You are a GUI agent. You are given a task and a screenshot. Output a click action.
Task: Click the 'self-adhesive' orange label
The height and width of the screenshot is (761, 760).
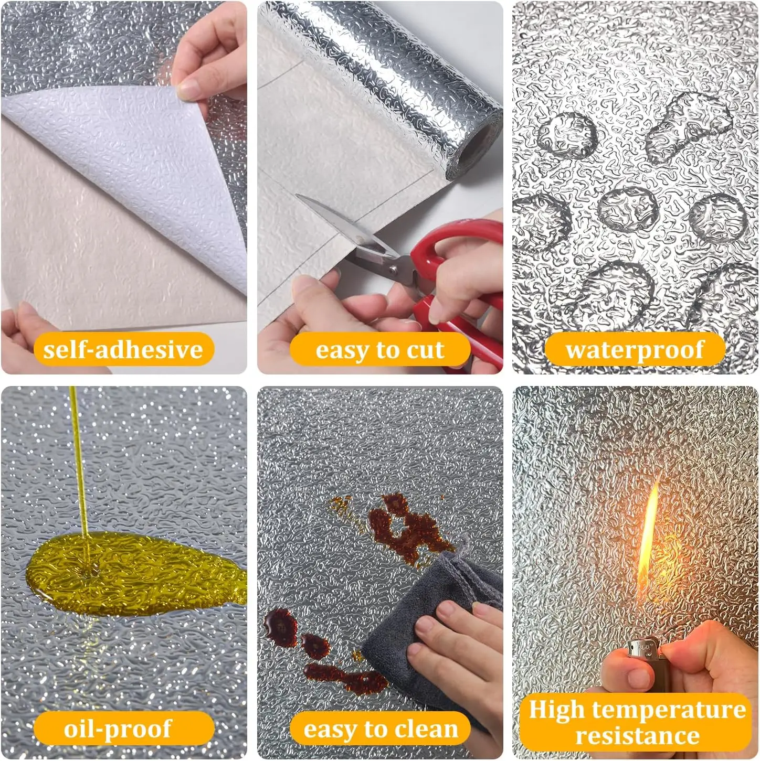[124, 349]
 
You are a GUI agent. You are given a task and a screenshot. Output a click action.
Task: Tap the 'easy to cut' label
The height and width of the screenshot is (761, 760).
[380, 349]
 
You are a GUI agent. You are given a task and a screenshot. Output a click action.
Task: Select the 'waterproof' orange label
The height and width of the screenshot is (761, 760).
[635, 349]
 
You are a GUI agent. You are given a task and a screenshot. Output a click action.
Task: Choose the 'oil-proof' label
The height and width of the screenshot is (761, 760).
[124, 728]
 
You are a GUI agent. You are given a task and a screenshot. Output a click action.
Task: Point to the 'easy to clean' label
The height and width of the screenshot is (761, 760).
[380, 728]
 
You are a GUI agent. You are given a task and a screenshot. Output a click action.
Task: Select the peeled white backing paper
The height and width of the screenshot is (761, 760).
[130, 170]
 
